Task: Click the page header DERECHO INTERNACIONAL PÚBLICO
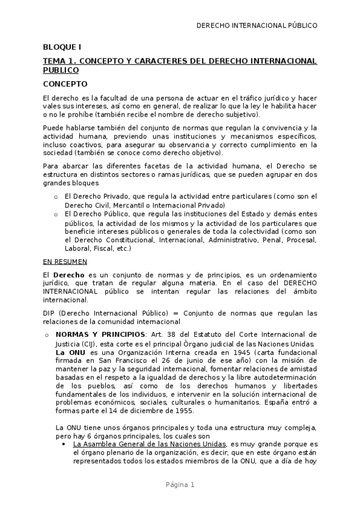click(x=257, y=25)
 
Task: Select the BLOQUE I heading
click(x=62, y=47)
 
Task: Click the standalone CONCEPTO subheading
click(x=65, y=84)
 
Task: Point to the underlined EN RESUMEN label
click(x=65, y=262)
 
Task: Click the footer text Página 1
click(x=180, y=485)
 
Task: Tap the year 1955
click(x=180, y=411)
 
